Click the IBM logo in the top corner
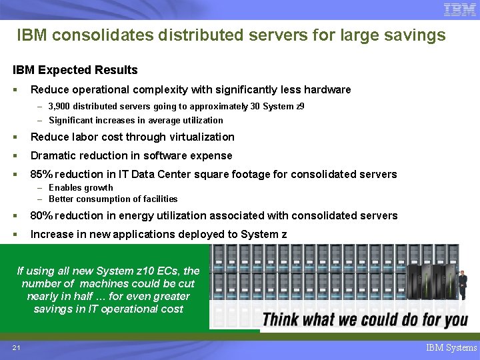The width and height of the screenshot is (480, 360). [459, 10]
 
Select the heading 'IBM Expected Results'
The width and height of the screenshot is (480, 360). [75, 70]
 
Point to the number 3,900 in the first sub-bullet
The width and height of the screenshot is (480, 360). [61, 106]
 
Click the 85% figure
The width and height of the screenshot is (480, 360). [42, 174]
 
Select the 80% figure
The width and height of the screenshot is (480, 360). [42, 215]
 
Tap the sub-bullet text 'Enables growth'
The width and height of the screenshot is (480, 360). [81, 187]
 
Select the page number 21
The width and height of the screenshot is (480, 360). [16, 347]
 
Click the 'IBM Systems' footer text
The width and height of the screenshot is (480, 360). [451, 347]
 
